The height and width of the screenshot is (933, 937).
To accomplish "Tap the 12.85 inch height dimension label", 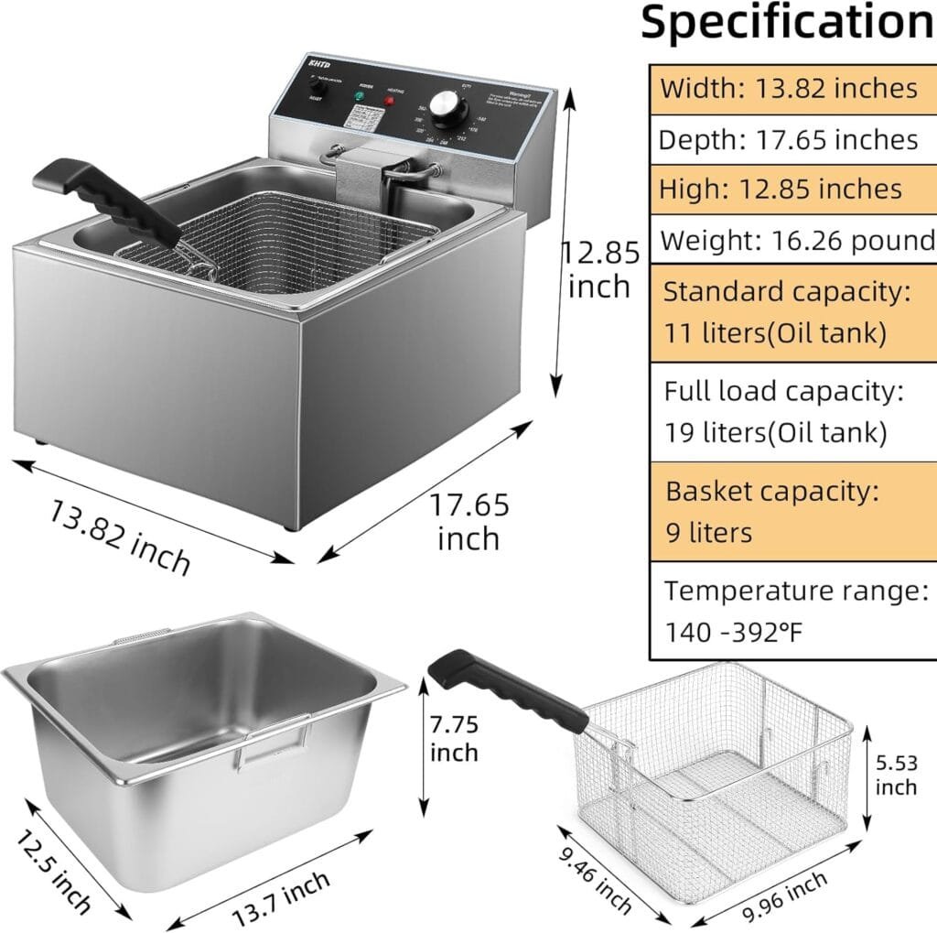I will (x=598, y=268).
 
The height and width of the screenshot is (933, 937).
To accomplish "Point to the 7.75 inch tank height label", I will (x=454, y=738).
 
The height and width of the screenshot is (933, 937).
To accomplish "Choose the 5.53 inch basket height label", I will (x=896, y=774).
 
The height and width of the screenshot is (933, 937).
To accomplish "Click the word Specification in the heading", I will (x=787, y=24).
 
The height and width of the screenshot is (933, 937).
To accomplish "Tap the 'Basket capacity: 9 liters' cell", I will (x=792, y=511).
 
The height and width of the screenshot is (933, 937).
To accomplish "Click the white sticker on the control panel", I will (x=365, y=118).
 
